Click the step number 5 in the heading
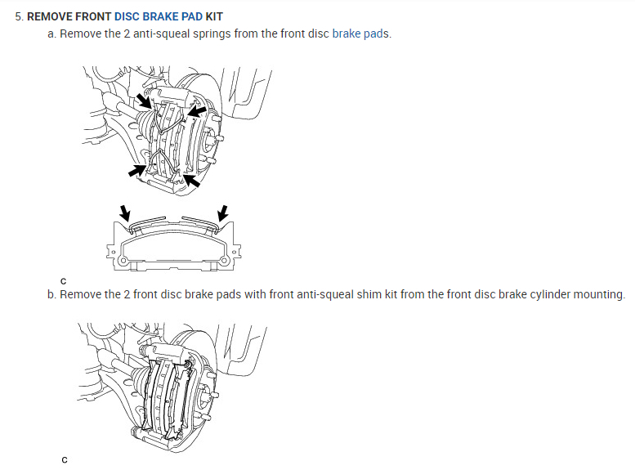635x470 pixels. coord(18,16)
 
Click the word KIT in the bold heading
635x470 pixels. coord(214,16)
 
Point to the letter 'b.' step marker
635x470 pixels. coord(52,294)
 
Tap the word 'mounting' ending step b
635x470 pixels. coord(601,294)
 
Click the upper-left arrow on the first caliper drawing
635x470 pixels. coord(144,101)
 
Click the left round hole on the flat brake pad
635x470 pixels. coord(123,262)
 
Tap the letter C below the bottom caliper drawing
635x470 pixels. coord(64,459)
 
